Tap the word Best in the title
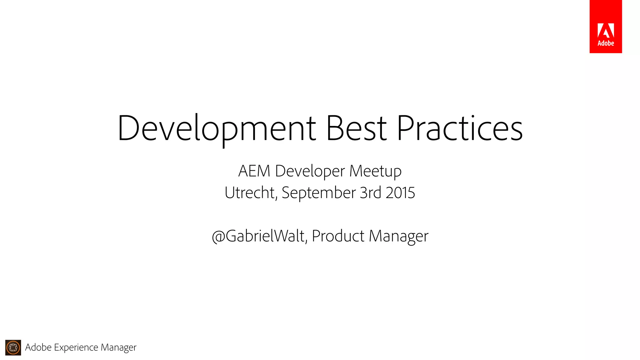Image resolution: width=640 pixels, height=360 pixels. pos(356,128)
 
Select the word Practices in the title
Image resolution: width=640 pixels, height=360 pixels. pos(460,128)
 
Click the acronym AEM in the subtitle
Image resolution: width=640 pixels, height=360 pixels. pos(254,171)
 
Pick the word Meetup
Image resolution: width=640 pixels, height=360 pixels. pos(375,172)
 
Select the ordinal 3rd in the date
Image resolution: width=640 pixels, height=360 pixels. pos(371,192)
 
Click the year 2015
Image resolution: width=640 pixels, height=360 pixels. pos(400,192)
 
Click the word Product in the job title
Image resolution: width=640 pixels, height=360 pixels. pos(338,236)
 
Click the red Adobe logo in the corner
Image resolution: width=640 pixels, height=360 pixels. pos(606,27)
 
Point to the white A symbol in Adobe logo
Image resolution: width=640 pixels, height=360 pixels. pos(606,31)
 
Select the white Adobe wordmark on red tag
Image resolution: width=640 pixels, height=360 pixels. pos(606,43)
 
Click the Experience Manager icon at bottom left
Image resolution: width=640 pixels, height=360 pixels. pos(13,347)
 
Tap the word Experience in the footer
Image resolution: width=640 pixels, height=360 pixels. pos(76,347)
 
